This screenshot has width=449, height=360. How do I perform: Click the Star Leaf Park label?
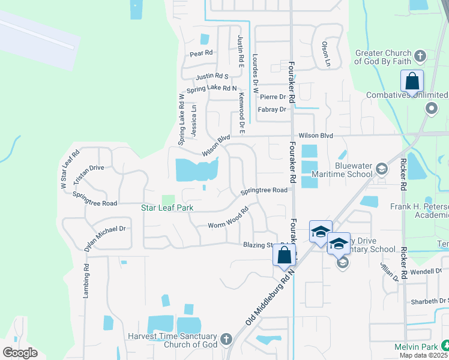click(170, 208)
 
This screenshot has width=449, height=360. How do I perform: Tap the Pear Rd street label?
click(202, 53)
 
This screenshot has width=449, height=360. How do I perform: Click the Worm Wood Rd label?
click(228, 220)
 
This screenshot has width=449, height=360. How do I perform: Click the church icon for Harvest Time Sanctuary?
click(226, 339)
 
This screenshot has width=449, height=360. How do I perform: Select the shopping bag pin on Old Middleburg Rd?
click(285, 254)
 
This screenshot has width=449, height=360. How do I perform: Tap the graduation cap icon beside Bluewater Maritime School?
click(381, 170)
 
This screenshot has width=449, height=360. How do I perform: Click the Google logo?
click(20, 352)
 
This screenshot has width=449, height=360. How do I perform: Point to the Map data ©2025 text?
click(424, 355)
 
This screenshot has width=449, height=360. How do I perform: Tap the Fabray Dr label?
click(272, 110)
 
